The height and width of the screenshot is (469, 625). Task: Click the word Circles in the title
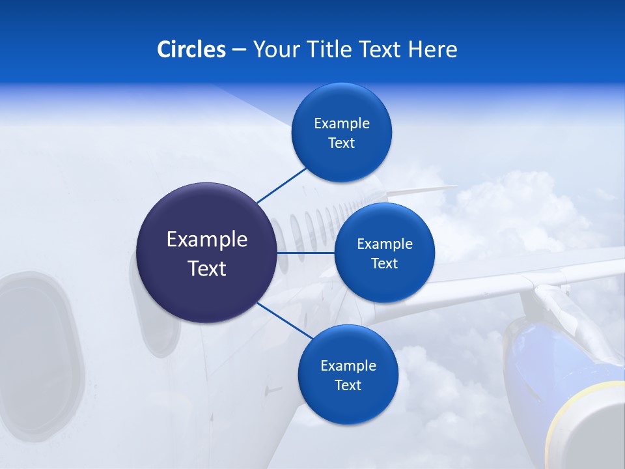191,50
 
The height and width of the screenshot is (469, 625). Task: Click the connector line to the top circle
281,185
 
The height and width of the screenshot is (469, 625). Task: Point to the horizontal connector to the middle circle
305,253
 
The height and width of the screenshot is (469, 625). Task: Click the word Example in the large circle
206,240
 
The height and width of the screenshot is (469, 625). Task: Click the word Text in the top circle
341,143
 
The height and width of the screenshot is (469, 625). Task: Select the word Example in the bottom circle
348,365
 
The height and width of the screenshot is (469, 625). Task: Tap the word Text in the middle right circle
384,264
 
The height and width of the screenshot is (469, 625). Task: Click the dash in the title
238,50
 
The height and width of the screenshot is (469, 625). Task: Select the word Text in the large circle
206,268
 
